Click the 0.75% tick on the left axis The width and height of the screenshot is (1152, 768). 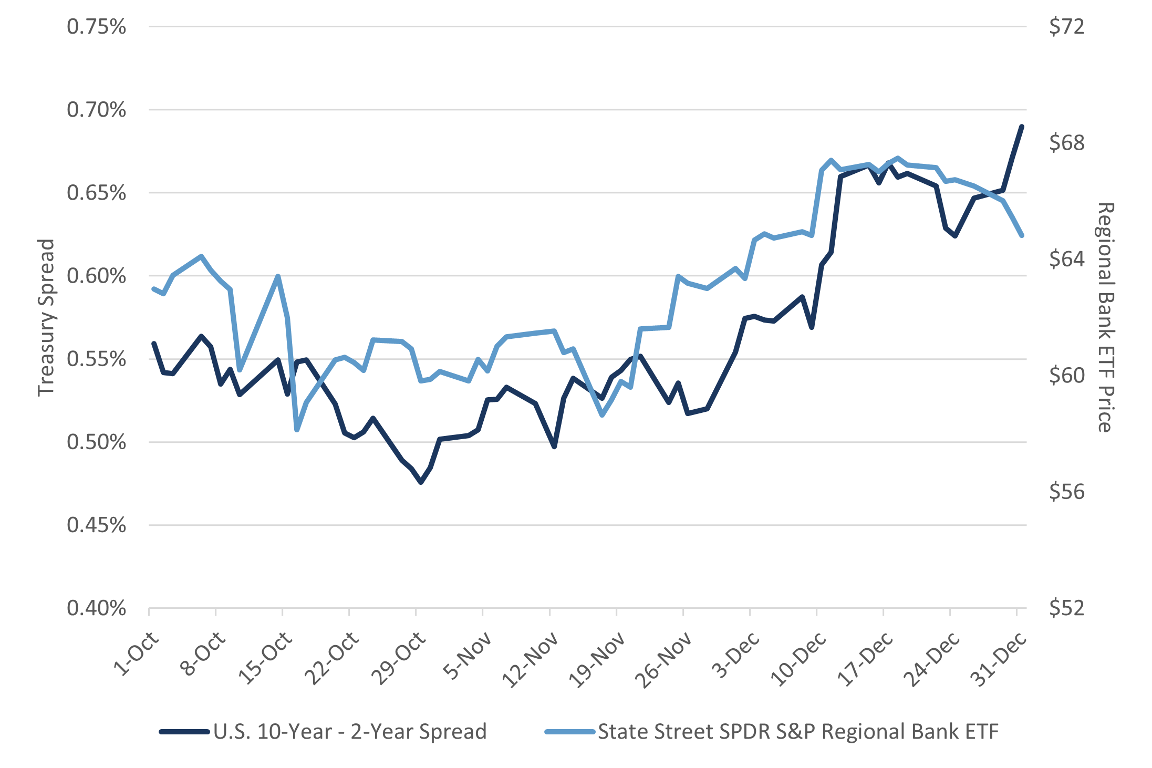click(x=96, y=27)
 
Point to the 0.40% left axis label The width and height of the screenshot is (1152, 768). click(x=96, y=608)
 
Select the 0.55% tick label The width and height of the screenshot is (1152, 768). click(x=96, y=359)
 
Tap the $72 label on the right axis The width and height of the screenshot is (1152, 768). click(x=1066, y=27)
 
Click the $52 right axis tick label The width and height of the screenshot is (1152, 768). click(x=1066, y=608)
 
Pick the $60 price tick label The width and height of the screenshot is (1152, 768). click(x=1066, y=376)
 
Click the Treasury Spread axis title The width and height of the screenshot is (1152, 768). click(x=47, y=317)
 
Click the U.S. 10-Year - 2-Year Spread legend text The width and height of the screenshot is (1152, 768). click(x=350, y=731)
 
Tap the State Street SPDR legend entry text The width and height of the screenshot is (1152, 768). click(x=798, y=731)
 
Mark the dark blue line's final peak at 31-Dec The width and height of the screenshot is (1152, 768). click(x=1022, y=126)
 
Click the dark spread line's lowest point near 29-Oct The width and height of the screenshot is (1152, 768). click(x=420, y=482)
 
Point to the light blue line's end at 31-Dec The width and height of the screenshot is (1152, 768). click(x=1022, y=236)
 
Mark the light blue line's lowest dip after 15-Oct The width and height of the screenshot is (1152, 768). click(x=297, y=430)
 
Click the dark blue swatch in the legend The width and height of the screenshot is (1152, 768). click(x=184, y=731)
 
